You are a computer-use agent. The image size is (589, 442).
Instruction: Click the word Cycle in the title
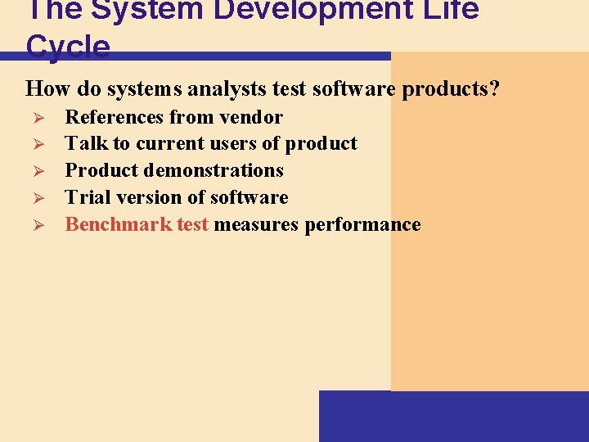tap(68, 47)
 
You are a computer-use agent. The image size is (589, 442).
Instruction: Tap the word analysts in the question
tap(228, 88)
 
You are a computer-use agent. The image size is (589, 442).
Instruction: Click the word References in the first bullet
tap(112, 117)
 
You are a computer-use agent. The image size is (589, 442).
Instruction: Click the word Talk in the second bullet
tap(86, 143)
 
